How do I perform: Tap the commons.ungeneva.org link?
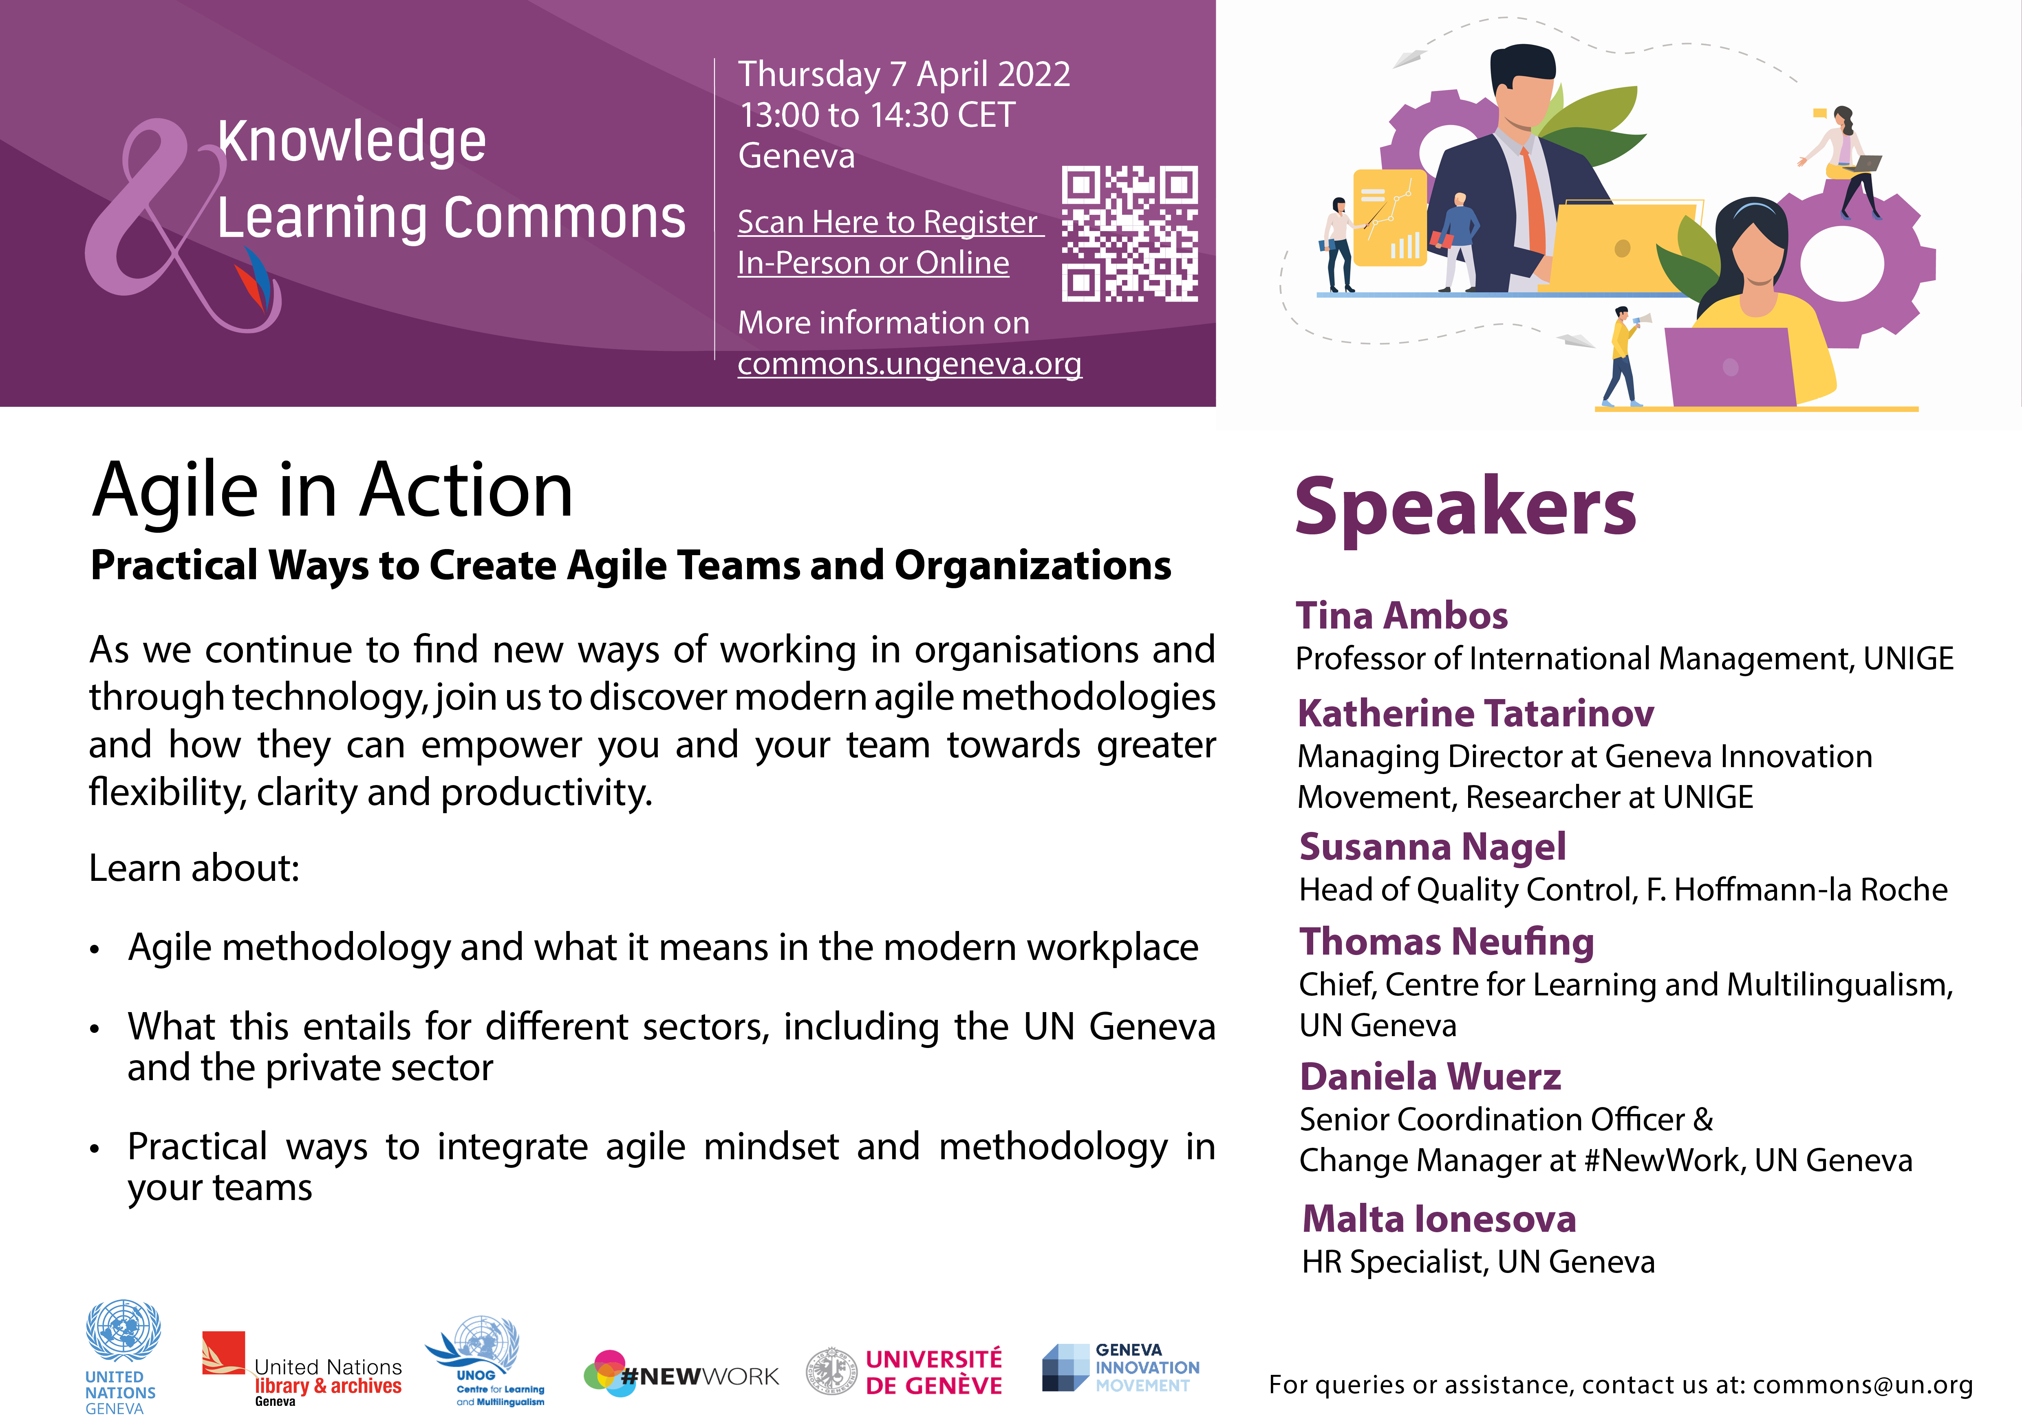pyautogui.click(x=910, y=364)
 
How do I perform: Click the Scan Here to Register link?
pyautogui.click(x=889, y=222)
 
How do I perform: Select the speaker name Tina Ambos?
pyautogui.click(x=1401, y=615)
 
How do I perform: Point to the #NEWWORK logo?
pyautogui.click(x=681, y=1374)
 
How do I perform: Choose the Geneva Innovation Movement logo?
pyautogui.click(x=1120, y=1368)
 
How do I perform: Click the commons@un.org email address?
pyautogui.click(x=1863, y=1385)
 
